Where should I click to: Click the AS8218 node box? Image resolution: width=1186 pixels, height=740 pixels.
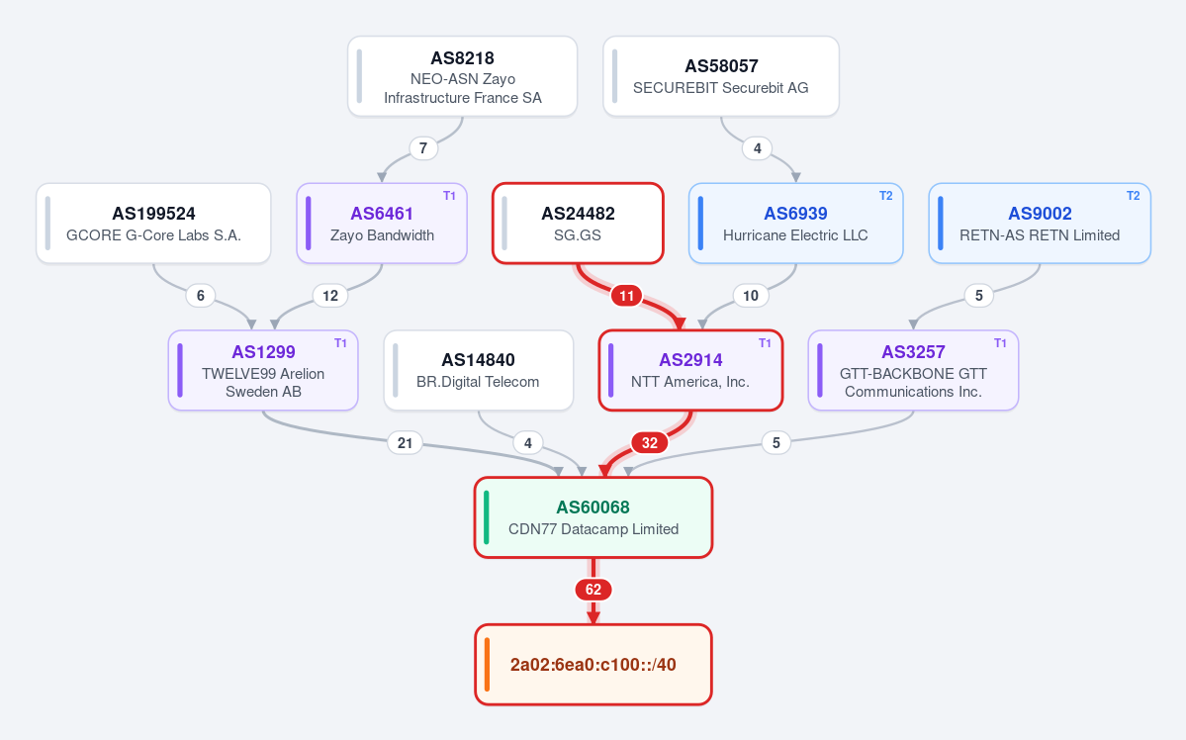pos(462,76)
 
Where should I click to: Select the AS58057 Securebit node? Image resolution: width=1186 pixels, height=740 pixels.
pos(721,76)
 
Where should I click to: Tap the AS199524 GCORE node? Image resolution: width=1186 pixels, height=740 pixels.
pos(153,224)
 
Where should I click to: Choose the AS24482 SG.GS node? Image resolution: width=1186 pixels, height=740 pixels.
pos(578,224)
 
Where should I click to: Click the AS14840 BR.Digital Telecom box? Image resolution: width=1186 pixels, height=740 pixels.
pos(478,370)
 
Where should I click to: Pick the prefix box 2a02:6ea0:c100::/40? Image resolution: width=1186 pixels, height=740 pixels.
pos(593,665)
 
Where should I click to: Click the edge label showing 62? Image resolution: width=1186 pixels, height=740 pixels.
pos(593,590)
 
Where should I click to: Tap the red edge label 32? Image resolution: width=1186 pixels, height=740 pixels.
pos(650,442)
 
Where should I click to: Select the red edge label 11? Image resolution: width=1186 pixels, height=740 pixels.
pos(626,296)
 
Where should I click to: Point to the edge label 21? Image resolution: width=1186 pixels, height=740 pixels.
pos(406,442)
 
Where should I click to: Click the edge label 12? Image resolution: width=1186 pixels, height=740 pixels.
pos(330,296)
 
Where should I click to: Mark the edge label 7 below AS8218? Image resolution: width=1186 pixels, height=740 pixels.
pos(423,148)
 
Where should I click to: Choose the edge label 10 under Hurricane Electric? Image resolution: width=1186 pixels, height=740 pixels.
pos(751,296)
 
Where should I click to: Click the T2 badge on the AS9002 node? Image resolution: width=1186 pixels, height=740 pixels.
pos(1133,196)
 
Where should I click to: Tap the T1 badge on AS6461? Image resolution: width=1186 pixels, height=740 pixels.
pos(449,196)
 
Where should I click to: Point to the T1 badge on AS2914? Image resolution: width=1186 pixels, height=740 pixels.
pos(765,343)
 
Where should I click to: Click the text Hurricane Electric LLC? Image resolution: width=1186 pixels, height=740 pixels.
pos(795,235)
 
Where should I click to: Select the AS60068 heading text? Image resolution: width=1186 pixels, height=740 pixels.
pos(593,507)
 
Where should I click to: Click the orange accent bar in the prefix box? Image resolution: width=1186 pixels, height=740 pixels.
pos(487,665)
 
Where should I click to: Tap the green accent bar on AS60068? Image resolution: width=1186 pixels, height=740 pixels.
pos(487,517)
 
